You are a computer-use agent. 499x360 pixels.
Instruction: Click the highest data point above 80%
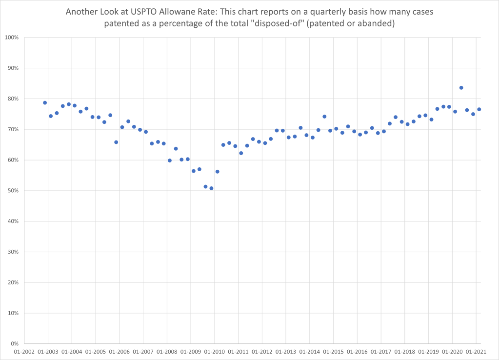461,88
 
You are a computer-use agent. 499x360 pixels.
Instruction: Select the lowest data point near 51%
211,188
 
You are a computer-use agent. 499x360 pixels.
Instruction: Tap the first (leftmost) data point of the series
45,103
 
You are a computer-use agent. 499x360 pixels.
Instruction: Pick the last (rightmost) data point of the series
479,109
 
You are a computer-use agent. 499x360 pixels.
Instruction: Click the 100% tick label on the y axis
11,38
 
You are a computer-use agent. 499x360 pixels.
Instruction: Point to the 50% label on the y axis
13,191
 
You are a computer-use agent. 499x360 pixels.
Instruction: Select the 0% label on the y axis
14,344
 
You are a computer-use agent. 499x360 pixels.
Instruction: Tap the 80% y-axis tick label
13,99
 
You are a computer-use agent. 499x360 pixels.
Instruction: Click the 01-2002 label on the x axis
24,352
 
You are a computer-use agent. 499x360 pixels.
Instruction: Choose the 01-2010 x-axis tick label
214,352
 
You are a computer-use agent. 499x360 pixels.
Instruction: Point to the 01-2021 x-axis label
476,352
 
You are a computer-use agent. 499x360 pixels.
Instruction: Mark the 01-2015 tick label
333,352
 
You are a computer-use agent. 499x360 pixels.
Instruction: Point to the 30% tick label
13,252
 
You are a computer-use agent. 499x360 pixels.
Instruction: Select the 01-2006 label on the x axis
119,352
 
